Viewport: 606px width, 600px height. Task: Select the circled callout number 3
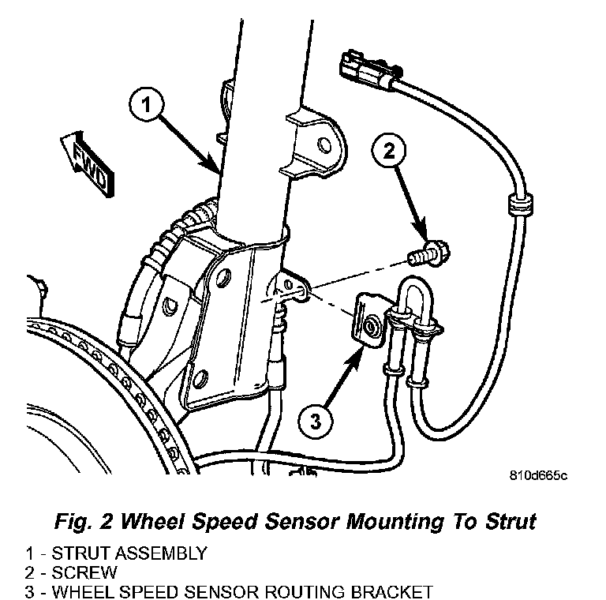tap(316, 421)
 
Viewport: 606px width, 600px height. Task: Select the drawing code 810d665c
tap(538, 476)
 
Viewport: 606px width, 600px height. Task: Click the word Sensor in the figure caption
tap(294, 522)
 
